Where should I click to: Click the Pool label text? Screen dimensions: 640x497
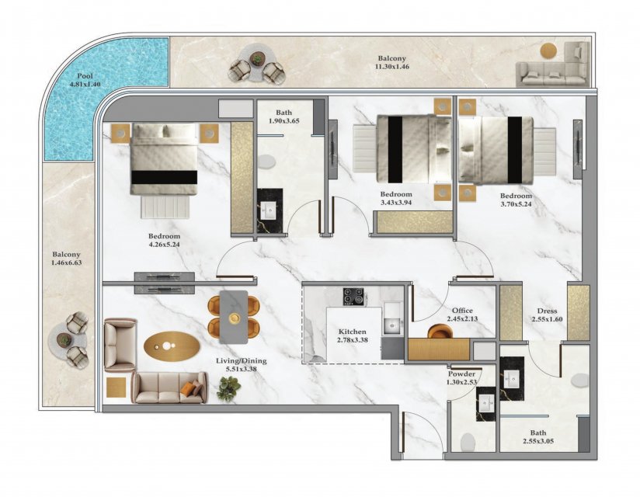click(85, 76)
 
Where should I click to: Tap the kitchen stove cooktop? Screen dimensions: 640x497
click(353, 296)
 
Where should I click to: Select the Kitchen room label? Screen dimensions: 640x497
click(353, 332)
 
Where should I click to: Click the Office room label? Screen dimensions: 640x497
click(462, 311)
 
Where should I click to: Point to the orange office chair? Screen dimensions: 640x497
click(439, 331)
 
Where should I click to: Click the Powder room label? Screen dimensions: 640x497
click(461, 374)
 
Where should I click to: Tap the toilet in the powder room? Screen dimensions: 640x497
click(468, 442)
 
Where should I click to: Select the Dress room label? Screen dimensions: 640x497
click(547, 311)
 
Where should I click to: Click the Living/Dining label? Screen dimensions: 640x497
click(242, 361)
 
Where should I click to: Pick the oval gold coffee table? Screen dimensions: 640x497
click(172, 346)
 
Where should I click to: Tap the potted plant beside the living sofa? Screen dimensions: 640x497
click(228, 388)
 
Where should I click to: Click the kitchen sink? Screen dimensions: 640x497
click(393, 325)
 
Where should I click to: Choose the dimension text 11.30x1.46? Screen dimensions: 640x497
click(391, 67)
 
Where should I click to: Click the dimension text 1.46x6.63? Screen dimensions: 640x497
click(67, 262)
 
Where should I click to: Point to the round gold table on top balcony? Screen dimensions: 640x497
click(548, 51)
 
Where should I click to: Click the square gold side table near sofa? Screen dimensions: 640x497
click(117, 388)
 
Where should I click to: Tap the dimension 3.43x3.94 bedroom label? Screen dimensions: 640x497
click(396, 203)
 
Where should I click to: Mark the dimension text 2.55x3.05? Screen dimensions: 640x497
click(538, 441)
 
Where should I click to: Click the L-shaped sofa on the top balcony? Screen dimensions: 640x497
click(553, 65)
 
